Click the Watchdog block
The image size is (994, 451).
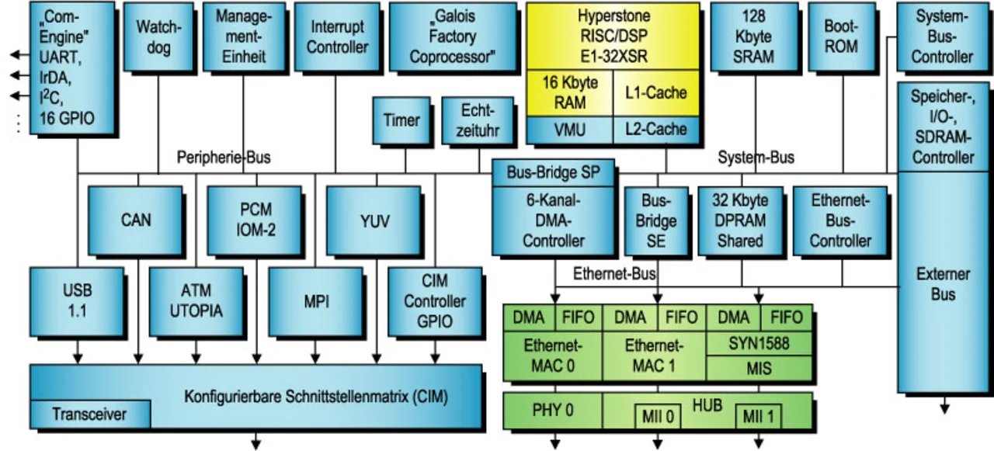tap(158, 37)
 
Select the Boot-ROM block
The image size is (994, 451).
tap(841, 37)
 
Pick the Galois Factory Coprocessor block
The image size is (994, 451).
tap(452, 37)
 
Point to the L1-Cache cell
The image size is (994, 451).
tap(656, 93)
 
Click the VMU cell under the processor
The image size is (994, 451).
tap(569, 130)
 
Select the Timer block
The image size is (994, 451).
tap(401, 120)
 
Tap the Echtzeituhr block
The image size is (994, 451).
tap(477, 120)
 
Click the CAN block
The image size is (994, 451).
tap(135, 220)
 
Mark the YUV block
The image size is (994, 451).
tap(374, 220)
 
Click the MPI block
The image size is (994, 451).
tap(316, 301)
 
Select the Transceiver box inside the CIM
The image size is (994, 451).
tap(89, 415)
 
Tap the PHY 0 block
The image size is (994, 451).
tap(552, 410)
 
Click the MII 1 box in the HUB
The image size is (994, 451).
tap(758, 415)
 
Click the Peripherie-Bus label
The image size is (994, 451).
tap(224, 158)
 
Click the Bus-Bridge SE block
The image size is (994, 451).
tap(656, 220)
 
